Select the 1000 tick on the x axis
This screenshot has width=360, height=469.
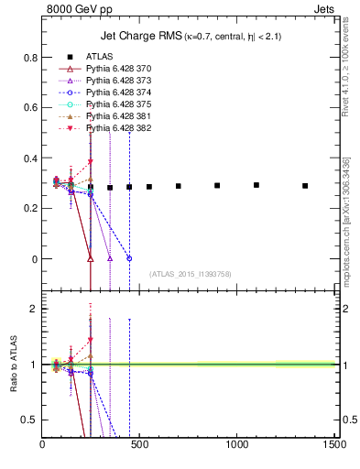(237, 445)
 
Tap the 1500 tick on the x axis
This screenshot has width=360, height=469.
(334, 445)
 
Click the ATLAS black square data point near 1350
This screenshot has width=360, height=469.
(305, 186)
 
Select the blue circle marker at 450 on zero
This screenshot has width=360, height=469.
(129, 258)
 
